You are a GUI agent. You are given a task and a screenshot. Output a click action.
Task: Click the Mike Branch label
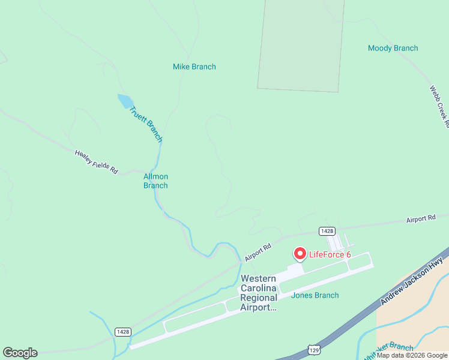tap(194, 67)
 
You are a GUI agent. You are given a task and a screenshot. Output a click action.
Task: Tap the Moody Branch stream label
tap(393, 48)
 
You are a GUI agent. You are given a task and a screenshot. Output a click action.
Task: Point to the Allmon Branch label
tap(155, 181)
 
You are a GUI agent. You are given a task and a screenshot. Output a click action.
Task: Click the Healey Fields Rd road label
tap(96, 162)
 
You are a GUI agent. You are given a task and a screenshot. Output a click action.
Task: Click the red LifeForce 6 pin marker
tap(300, 254)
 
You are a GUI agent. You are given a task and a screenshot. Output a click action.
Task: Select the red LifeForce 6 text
tap(330, 254)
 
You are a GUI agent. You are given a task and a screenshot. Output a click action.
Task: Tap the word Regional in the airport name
tap(259, 298)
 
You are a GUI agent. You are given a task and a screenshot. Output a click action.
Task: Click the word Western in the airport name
tap(258, 278)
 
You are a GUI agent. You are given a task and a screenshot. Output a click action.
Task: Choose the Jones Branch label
tap(315, 295)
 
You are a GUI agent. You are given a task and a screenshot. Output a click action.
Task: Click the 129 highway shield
tap(313, 349)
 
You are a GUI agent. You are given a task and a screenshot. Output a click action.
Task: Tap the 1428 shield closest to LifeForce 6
tap(327, 231)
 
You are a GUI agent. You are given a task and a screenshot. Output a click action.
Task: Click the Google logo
tap(20, 353)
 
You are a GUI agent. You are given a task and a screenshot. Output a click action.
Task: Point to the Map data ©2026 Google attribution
tap(412, 355)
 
